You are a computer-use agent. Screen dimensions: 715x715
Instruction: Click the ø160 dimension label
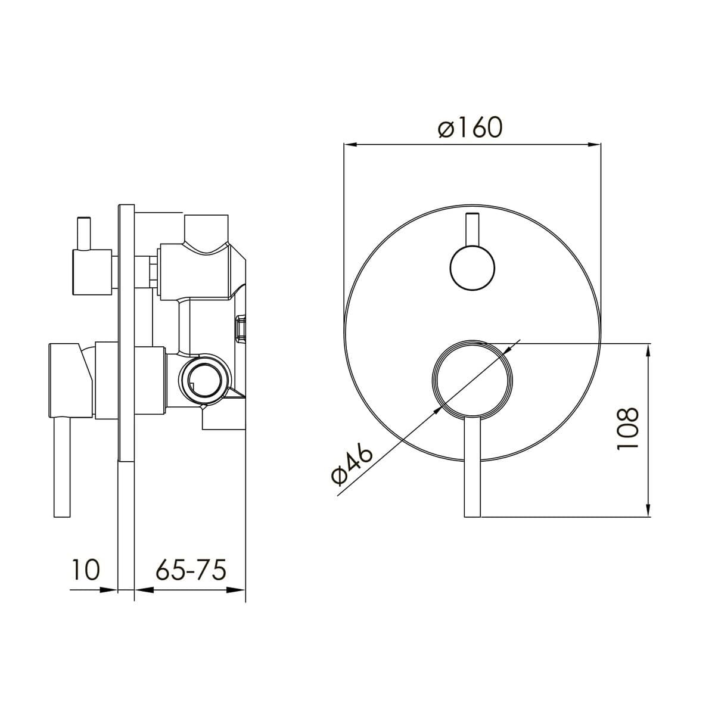click(470, 128)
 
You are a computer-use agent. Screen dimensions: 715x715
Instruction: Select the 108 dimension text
click(627, 429)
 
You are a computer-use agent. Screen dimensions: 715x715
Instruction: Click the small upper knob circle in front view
click(472, 268)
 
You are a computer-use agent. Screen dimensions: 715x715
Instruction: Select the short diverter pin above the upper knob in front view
click(472, 229)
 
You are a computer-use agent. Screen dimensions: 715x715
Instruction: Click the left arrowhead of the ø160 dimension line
click(350, 145)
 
